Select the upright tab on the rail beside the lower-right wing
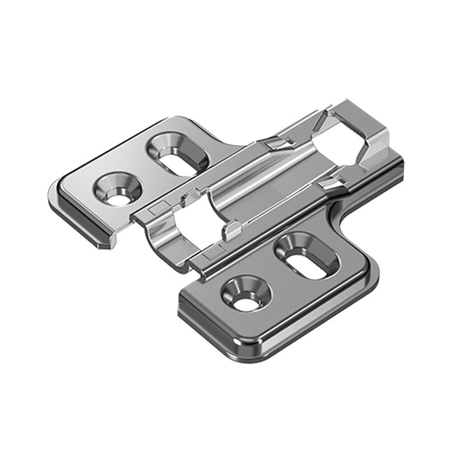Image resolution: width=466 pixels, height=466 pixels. tap(232, 230)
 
